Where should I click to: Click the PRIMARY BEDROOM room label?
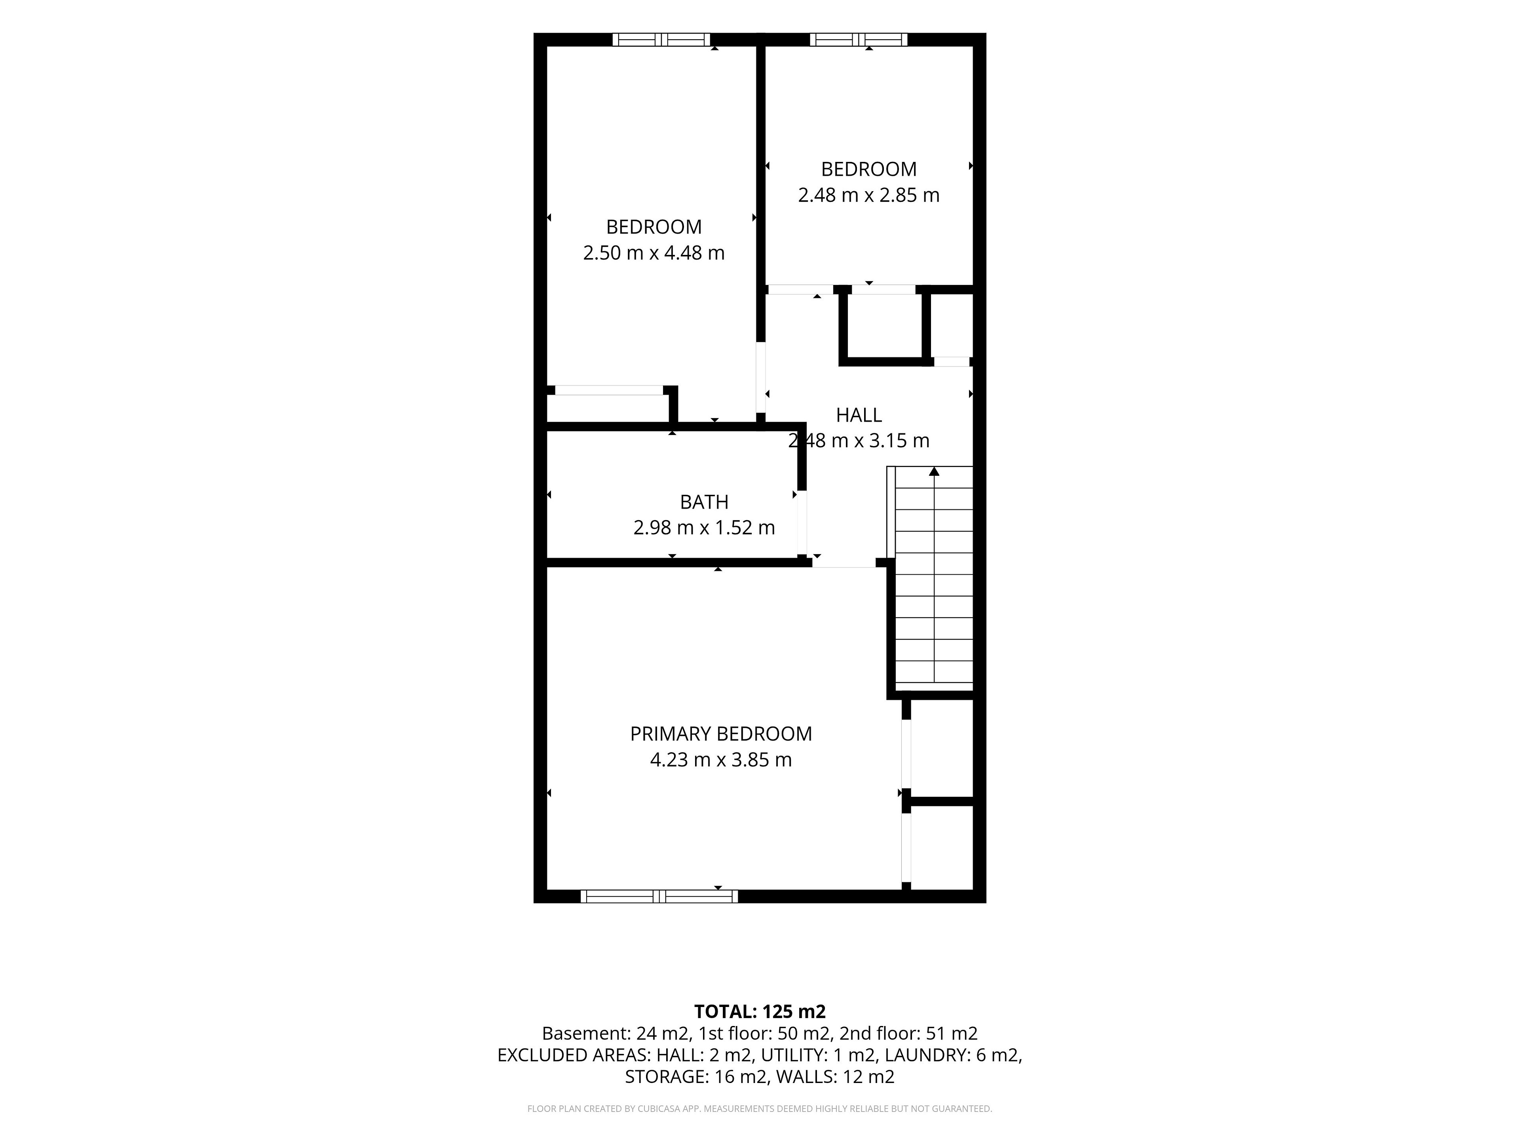(721, 734)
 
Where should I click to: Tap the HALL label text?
(859, 415)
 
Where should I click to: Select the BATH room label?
(704, 502)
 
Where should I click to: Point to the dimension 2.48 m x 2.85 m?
(868, 195)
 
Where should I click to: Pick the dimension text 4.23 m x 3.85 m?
(721, 760)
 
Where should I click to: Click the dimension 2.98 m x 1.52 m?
(704, 528)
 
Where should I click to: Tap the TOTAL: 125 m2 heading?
(760, 1011)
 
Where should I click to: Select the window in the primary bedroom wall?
(659, 896)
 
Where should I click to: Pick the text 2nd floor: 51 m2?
(908, 1034)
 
